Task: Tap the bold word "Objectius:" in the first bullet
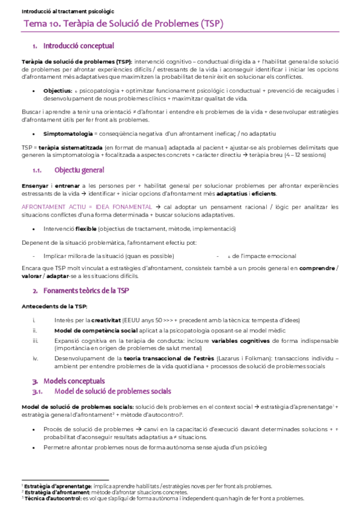click(x=58, y=91)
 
